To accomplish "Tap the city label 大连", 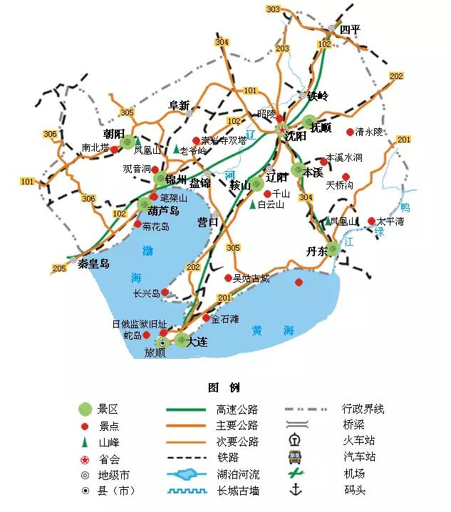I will pos(197,342).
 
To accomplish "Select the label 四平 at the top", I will pos(350,29).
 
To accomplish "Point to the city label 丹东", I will pos(316,251).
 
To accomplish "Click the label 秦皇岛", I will pos(94,263).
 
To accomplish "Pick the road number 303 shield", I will pos(273,9).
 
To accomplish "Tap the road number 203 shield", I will pos(282,48).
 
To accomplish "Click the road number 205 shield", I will pos(59,268).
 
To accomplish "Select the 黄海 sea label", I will pos(273,330).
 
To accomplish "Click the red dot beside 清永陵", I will pos(350,132).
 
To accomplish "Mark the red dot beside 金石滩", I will pos(207,318).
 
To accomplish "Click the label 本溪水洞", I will pos(344,157).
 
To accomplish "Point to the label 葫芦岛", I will pos(163,211).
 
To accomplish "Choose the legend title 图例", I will pos(224,388).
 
